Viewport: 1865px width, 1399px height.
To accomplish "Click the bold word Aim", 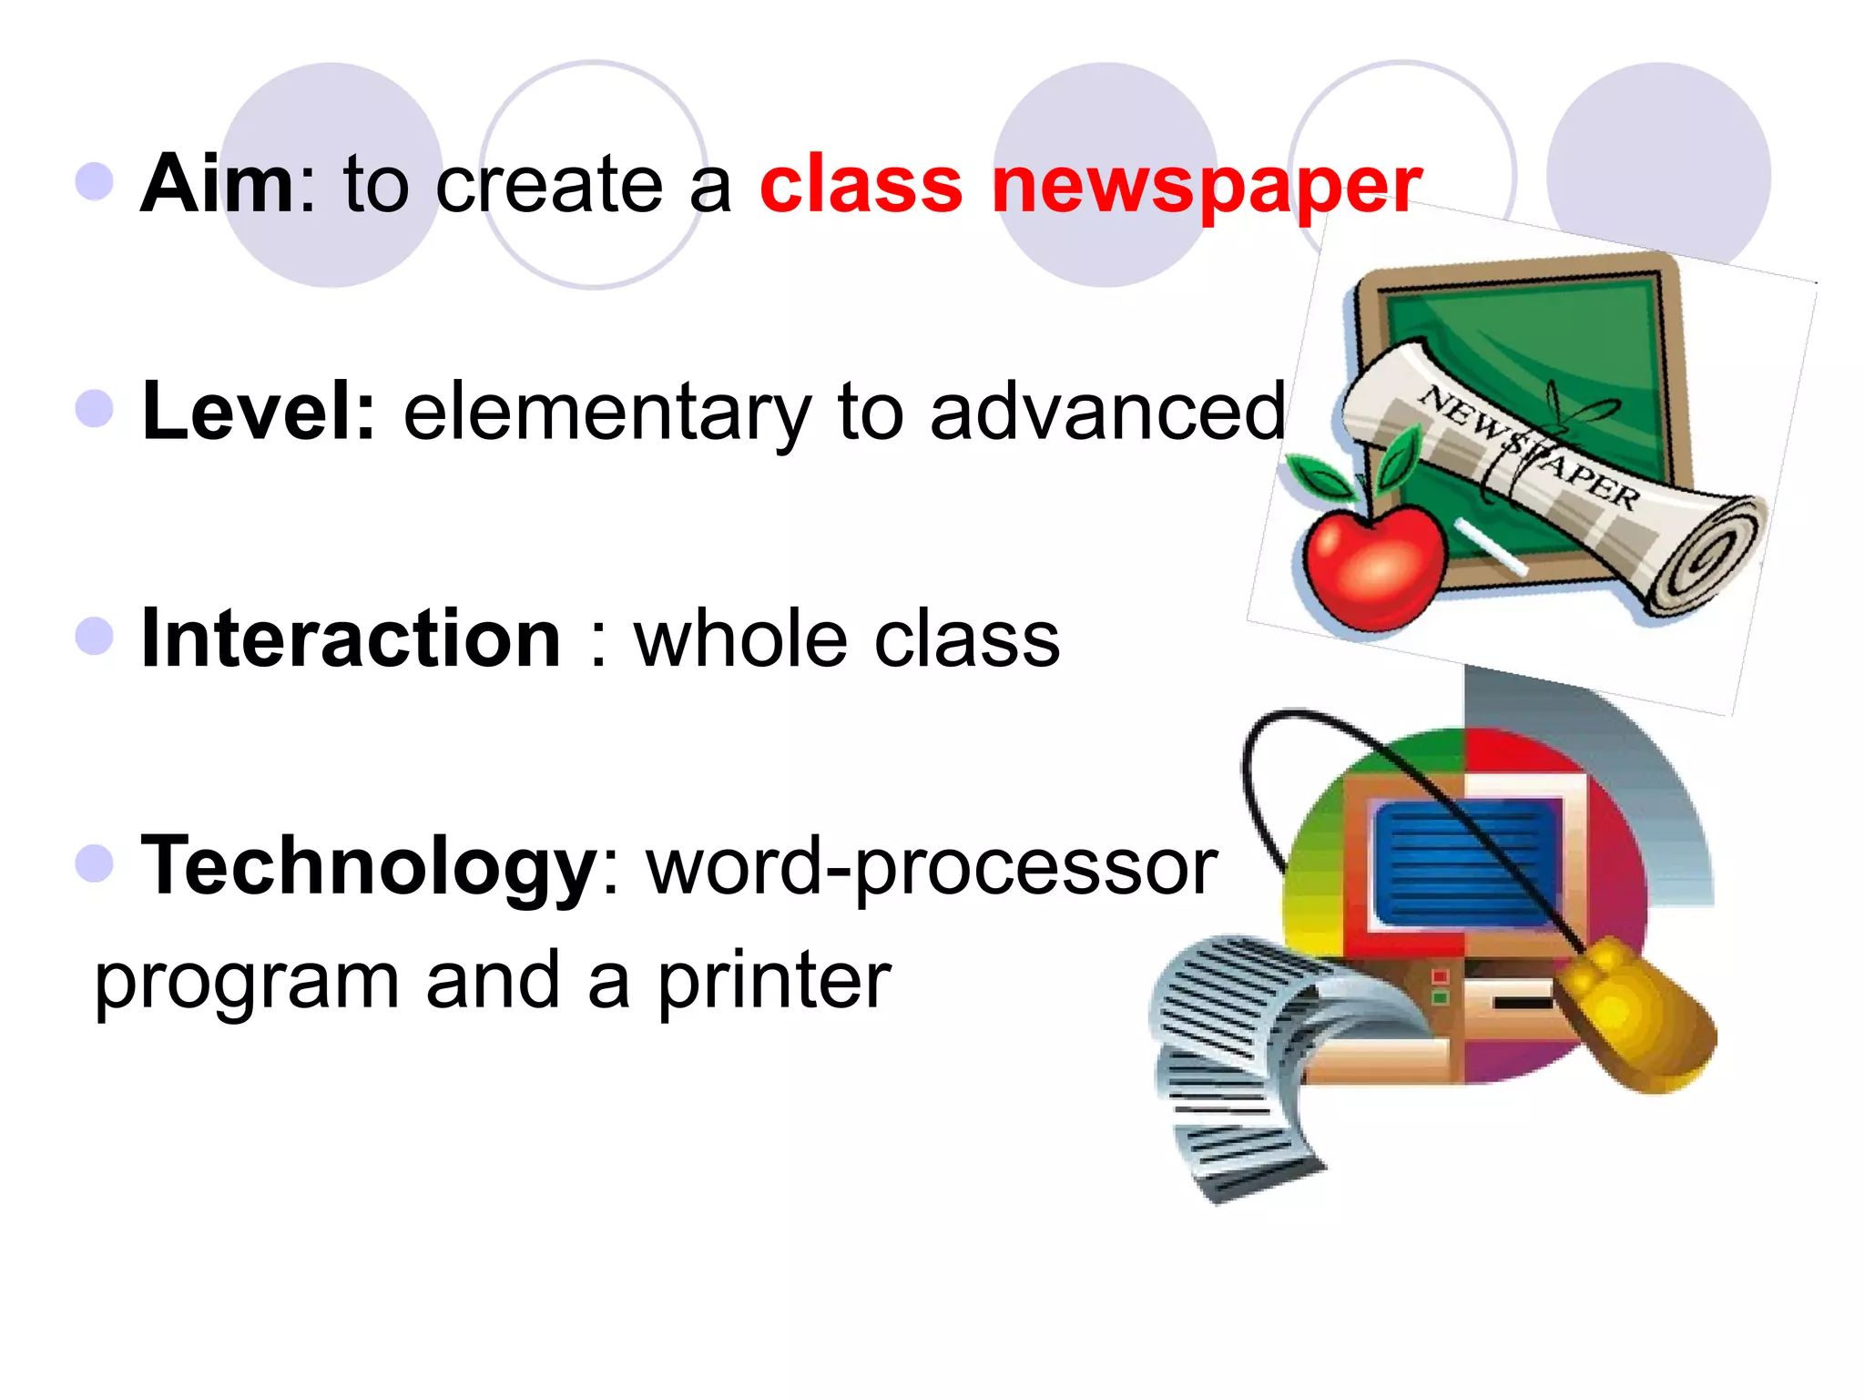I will tap(217, 184).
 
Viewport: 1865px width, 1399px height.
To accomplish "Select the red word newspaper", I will tap(1206, 186).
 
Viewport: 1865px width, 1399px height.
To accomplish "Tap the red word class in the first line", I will tap(861, 184).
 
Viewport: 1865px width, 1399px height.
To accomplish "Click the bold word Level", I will tap(259, 412).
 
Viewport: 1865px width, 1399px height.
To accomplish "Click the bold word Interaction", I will tap(351, 639).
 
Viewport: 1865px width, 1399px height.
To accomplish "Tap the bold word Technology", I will tap(368, 867).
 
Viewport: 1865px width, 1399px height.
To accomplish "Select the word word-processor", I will tap(932, 867).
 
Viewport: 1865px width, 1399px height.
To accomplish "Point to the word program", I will tap(247, 984).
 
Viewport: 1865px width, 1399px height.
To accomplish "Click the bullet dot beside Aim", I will tap(95, 181).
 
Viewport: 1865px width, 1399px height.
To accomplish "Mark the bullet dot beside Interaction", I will tap(95, 636).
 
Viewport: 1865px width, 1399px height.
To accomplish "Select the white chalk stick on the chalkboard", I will tap(1490, 546).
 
